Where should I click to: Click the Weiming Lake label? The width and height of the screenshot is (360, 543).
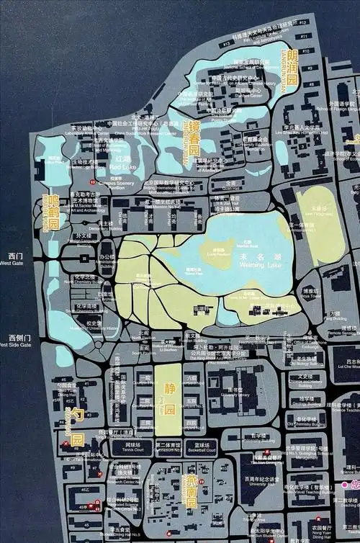coord(256,266)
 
